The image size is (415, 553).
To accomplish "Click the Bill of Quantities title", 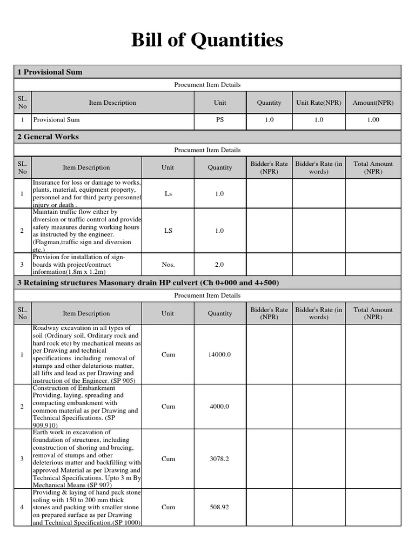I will coord(207,40).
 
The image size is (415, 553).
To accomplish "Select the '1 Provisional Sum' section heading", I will coord(50,72).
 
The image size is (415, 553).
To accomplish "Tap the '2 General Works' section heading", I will coord(48,137).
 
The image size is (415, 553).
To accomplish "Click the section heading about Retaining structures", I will coord(148,283).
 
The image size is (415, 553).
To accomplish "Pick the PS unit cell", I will coord(220,120).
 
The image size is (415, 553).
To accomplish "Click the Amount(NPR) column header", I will coord(373,103).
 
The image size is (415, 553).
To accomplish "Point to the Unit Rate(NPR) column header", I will coord(319,103).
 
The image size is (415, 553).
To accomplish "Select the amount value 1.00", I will coord(373,120).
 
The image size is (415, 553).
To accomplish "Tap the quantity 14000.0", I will coord(220,354).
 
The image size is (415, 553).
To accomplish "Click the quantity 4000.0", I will coord(220,406).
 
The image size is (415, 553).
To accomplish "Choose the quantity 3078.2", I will coord(220,458).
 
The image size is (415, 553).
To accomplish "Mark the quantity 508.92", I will coord(220,507).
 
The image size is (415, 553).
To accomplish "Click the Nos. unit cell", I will coord(168,265).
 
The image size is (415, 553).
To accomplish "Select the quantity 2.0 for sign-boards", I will coord(220,265).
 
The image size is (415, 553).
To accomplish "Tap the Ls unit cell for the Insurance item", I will coord(168,193).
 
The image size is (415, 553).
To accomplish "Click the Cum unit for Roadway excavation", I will coord(168,354).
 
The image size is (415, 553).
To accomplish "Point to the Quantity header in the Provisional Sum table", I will coord(269,103).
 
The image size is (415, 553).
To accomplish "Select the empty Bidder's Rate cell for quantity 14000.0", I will coord(269,354).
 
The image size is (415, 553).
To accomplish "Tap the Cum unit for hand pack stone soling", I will coord(168,507).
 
